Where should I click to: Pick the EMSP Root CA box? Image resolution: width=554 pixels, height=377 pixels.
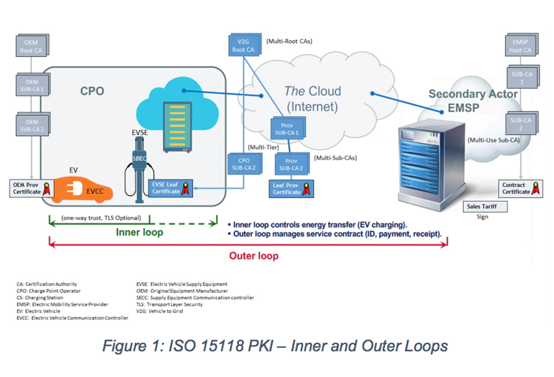coord(520,45)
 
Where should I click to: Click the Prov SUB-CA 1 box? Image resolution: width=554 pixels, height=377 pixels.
coord(286,129)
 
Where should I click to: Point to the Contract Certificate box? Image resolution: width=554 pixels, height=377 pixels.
coord(520,188)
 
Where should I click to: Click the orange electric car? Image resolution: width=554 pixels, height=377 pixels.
coord(83,186)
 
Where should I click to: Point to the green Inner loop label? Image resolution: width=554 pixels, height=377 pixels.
coord(140,232)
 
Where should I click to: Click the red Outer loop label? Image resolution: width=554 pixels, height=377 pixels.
coord(254,256)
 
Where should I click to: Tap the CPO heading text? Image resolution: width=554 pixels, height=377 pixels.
coord(92,91)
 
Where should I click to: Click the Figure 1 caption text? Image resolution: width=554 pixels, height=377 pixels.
coord(275,347)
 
